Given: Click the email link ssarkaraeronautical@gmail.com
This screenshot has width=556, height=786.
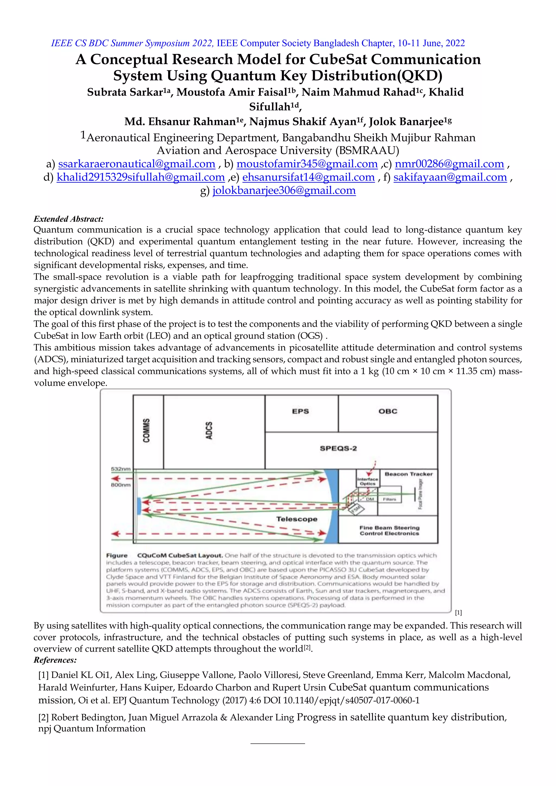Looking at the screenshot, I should pos(137,164).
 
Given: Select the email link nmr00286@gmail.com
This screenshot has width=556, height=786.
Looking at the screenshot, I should pos(449,164).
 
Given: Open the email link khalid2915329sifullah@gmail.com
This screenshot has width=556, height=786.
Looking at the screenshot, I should pos(141,177).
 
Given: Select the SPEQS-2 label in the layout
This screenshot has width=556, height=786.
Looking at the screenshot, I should pos(338,449).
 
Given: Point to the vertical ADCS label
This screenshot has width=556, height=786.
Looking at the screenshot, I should pos(209,430).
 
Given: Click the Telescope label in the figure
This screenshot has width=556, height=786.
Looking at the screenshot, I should pos(297,519).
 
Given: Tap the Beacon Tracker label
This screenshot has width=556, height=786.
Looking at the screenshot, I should pos(408,474).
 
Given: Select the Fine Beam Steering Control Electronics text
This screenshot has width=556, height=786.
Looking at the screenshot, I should pos(389,531).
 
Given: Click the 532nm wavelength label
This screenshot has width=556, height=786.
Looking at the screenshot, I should pos(121,469).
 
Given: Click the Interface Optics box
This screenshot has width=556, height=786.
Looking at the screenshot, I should pos(368,481).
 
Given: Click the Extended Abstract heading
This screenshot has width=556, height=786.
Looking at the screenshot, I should pos(68,219).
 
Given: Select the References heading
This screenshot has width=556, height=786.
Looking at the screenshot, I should pos(55,660).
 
